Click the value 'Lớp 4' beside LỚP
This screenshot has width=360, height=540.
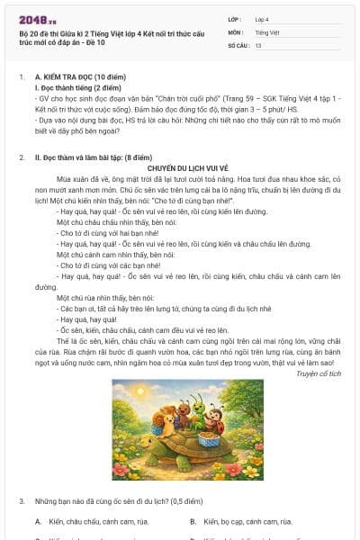pos(262,18)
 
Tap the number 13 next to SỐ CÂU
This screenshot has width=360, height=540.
pos(258,45)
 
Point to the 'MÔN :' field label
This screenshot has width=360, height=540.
pos(235,31)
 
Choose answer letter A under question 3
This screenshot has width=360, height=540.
pos(38,521)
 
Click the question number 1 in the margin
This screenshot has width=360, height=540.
pos(22,78)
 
